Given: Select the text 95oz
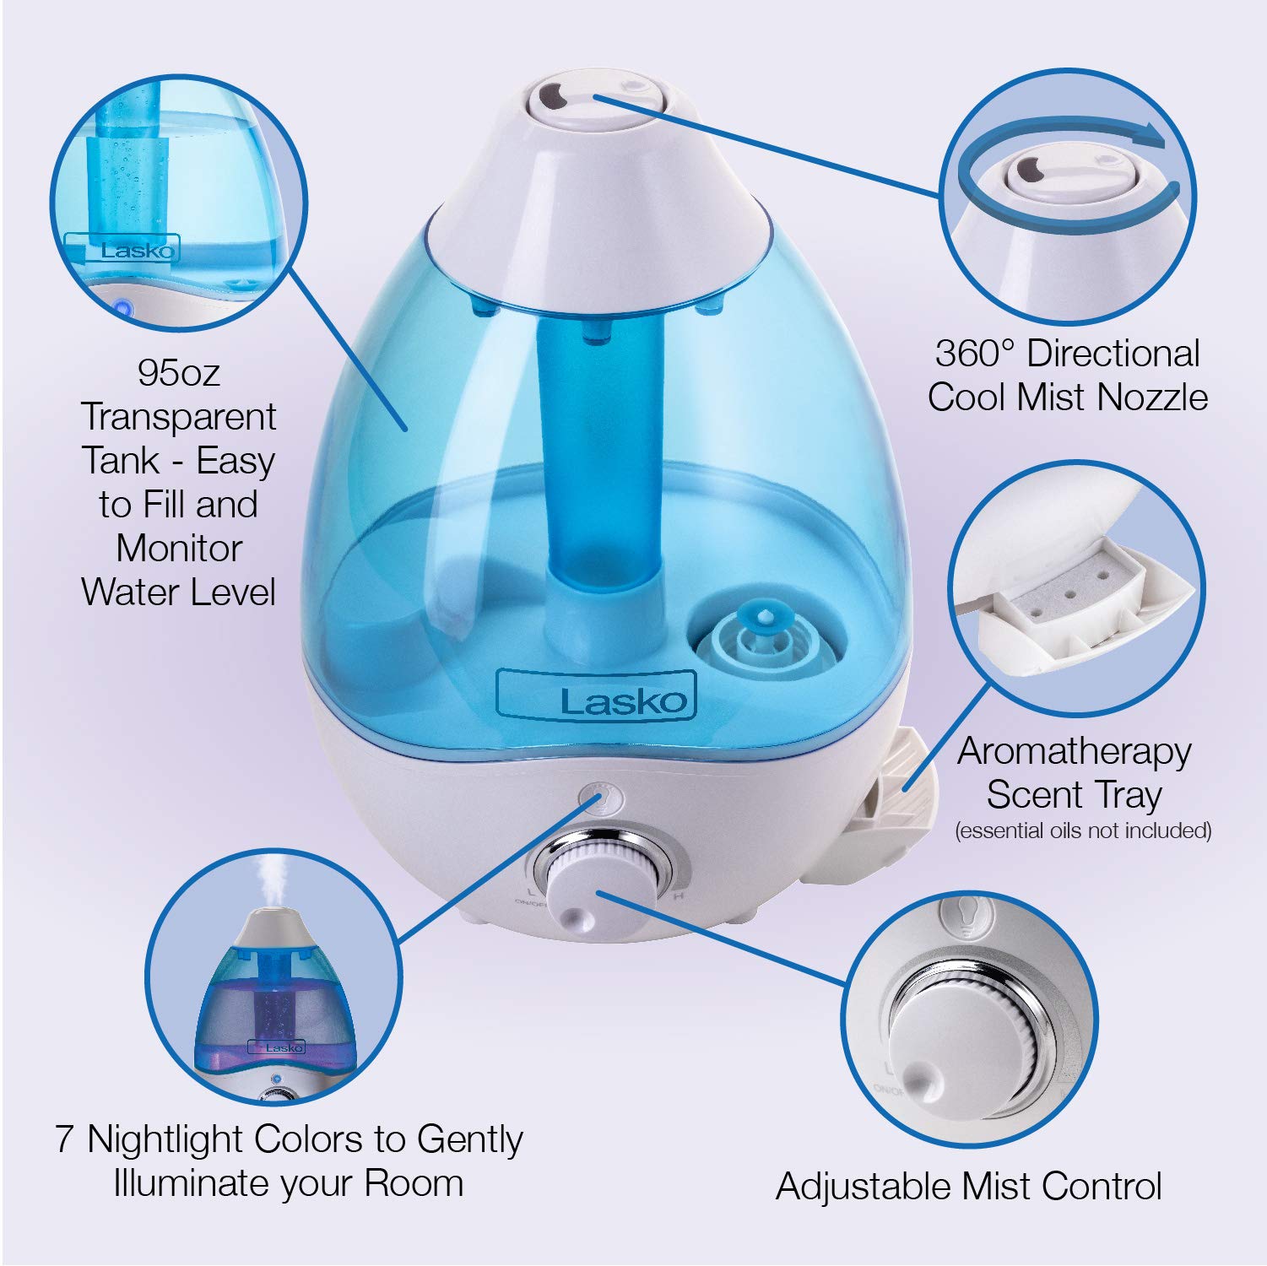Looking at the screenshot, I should coord(178,372).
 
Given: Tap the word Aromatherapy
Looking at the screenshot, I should coord(1074,751).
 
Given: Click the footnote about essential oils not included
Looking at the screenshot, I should coord(1083,830).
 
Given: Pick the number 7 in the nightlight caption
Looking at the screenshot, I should coord(66,1139).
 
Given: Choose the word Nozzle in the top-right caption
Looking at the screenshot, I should coord(1161,398).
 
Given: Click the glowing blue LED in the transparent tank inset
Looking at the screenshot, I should coord(122,308).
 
